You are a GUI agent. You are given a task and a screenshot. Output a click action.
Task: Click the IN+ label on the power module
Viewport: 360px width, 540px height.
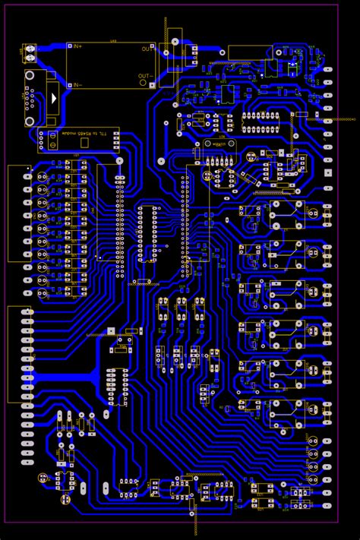pos(76,47)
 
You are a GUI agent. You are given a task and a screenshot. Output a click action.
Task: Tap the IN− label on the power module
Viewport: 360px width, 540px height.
pos(76,84)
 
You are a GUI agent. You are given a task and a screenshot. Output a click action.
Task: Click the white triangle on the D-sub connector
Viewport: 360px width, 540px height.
pos(54,98)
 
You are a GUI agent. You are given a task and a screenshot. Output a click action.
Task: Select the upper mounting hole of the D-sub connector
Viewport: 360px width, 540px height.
pos(30,75)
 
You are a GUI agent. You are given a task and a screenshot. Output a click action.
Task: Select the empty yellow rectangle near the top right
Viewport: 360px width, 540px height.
pos(250,52)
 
